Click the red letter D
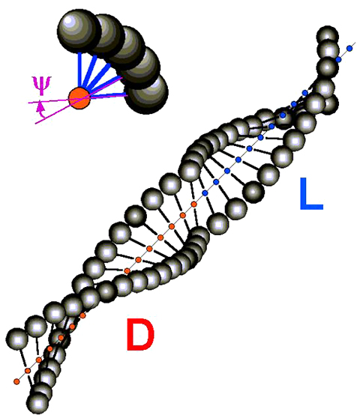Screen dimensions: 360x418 (140, 335)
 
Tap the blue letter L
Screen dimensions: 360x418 (311, 194)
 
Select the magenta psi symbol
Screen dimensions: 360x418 (42, 85)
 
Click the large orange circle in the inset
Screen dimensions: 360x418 (79, 98)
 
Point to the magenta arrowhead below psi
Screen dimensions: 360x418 (40, 107)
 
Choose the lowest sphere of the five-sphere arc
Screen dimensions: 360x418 (147, 94)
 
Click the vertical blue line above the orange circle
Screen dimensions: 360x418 (79, 70)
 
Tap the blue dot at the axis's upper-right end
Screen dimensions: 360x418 (349, 48)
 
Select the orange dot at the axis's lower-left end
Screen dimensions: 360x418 (16, 381)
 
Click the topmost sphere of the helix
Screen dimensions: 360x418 (328, 36)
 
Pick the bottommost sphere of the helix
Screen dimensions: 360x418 (38, 403)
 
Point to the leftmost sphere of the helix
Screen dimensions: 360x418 (16, 339)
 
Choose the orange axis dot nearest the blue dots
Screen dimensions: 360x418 (194, 205)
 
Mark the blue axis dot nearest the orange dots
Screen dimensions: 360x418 (205, 193)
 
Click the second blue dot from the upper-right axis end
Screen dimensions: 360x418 (338, 59)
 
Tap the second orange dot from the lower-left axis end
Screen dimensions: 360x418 (28, 371)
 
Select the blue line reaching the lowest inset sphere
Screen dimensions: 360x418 (108, 94)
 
